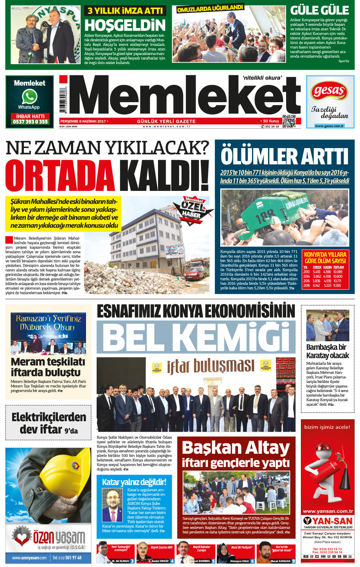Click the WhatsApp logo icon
click(29, 97)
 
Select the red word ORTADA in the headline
click(60, 176)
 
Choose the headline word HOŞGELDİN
click(125, 25)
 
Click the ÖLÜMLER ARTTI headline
click(284, 156)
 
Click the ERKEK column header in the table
click(317, 267)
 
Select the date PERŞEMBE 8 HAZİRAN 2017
click(83, 121)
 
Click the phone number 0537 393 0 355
click(30, 122)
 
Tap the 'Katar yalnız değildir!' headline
click(134, 482)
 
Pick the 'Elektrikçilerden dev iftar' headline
click(49, 423)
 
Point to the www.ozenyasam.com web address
click(29, 558)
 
